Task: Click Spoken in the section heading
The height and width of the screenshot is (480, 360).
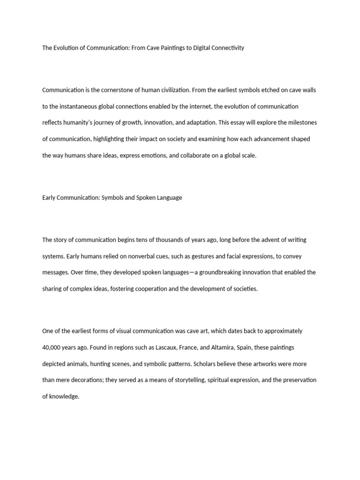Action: (x=147, y=198)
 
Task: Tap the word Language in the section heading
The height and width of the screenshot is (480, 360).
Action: (x=171, y=198)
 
